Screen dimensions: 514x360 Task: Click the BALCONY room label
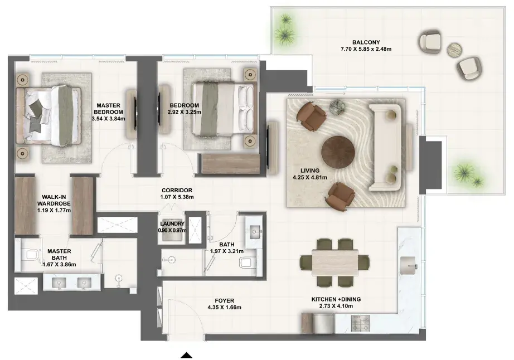(366, 42)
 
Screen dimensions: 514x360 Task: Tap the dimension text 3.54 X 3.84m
(109, 119)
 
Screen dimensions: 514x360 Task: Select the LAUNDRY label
(172, 223)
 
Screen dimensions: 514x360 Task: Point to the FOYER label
(225, 301)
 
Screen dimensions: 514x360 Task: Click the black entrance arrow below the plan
(187, 355)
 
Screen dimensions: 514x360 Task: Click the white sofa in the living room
(386, 148)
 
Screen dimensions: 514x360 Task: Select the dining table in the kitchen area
(334, 262)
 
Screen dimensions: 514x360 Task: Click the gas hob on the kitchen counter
(361, 323)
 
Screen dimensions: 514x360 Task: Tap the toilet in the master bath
(30, 255)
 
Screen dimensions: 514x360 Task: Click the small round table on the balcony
(454, 50)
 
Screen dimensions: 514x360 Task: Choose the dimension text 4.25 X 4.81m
(310, 178)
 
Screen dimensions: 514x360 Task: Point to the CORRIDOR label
(177, 191)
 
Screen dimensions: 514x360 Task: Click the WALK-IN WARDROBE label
(54, 200)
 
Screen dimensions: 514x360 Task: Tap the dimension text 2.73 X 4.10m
(336, 306)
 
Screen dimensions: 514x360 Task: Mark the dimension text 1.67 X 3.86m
(59, 264)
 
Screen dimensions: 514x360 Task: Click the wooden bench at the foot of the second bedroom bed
(231, 163)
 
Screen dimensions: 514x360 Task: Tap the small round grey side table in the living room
(337, 108)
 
